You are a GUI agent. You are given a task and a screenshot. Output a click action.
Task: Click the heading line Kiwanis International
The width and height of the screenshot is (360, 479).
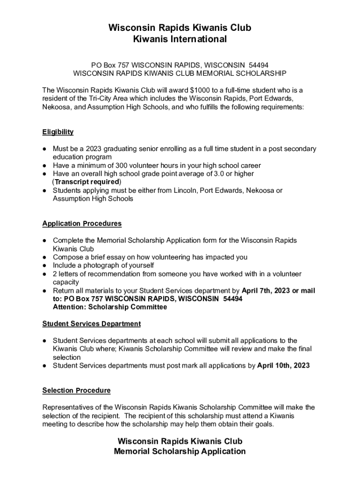click(x=180, y=39)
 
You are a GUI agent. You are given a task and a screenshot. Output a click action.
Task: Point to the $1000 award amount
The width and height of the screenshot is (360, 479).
click(x=200, y=90)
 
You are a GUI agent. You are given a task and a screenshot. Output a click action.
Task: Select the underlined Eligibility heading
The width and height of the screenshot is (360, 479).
click(x=58, y=132)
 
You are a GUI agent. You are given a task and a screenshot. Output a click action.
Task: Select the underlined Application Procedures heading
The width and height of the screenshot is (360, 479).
click(x=82, y=224)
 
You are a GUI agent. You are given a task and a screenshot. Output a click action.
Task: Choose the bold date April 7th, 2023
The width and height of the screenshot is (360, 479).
click(x=266, y=291)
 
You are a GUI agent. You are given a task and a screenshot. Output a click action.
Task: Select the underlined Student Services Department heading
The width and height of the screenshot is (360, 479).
click(x=91, y=324)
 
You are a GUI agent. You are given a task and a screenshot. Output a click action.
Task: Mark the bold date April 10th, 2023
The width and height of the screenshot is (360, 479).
click(x=283, y=366)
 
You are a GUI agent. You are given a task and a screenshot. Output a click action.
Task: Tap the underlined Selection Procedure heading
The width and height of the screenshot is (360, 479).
click(x=76, y=391)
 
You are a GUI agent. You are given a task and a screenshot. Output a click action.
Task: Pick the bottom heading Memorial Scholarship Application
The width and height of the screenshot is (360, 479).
click(x=180, y=451)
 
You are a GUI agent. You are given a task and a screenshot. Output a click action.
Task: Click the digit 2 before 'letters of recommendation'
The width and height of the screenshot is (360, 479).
click(x=55, y=274)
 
